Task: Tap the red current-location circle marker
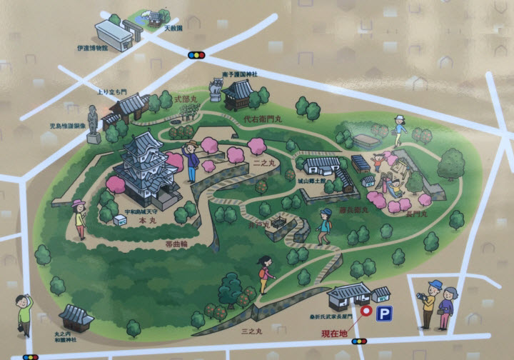pyautogui.click(x=366, y=311)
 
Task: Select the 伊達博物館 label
pyautogui.click(x=112, y=49)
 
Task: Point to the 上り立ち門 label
pyautogui.click(x=111, y=92)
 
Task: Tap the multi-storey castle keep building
pyautogui.click(x=145, y=164)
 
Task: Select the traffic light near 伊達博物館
pyautogui.click(x=196, y=54)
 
